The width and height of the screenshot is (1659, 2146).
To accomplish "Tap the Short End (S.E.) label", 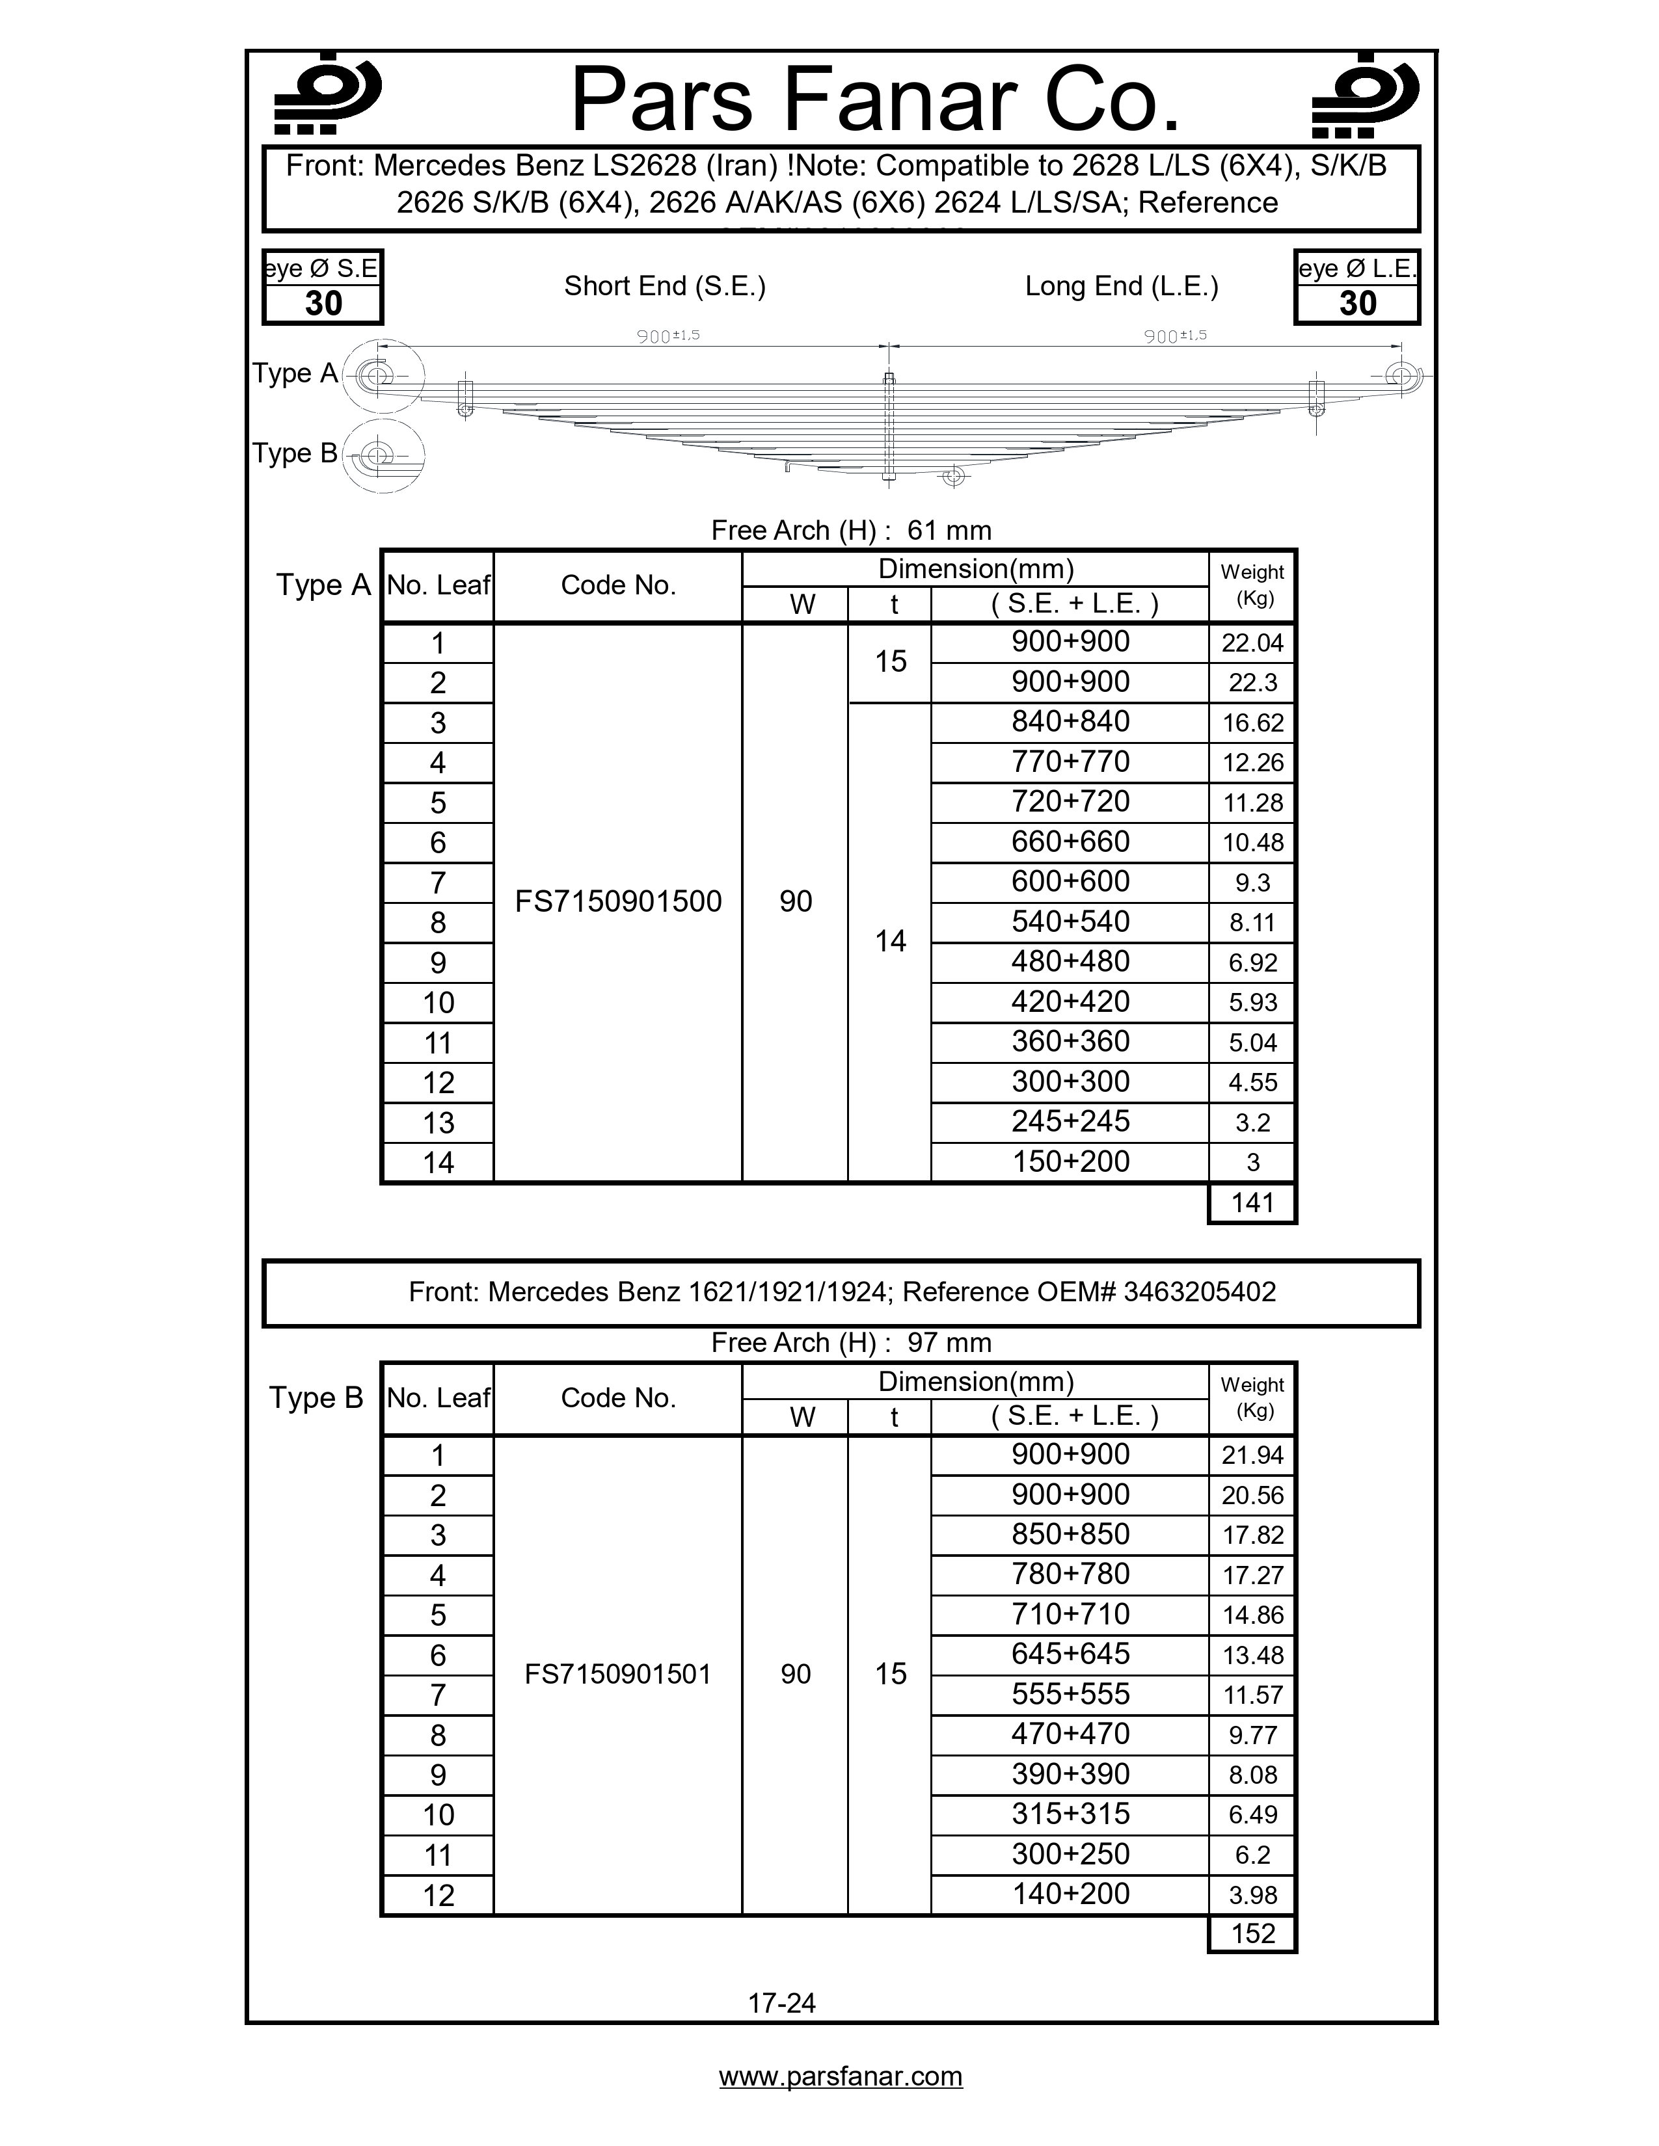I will point(664,286).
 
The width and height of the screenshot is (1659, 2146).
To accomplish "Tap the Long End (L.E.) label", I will point(1122,286).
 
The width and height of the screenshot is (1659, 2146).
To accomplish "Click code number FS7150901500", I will point(618,901).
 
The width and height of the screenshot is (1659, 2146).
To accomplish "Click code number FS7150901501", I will point(618,1675).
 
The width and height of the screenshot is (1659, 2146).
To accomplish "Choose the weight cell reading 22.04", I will point(1252,644).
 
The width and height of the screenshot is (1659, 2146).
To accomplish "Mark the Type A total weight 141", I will point(1252,1202).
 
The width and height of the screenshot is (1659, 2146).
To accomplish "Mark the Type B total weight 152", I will point(1252,1934).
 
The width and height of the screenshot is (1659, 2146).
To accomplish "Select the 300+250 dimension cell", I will point(1070,1854).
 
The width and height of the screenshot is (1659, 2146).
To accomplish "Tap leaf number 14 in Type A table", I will point(438,1163).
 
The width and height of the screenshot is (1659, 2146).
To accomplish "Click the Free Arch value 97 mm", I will point(949,1342).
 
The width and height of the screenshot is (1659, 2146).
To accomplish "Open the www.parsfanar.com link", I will point(841,2076).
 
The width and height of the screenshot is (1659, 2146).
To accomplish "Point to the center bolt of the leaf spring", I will point(889,427).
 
